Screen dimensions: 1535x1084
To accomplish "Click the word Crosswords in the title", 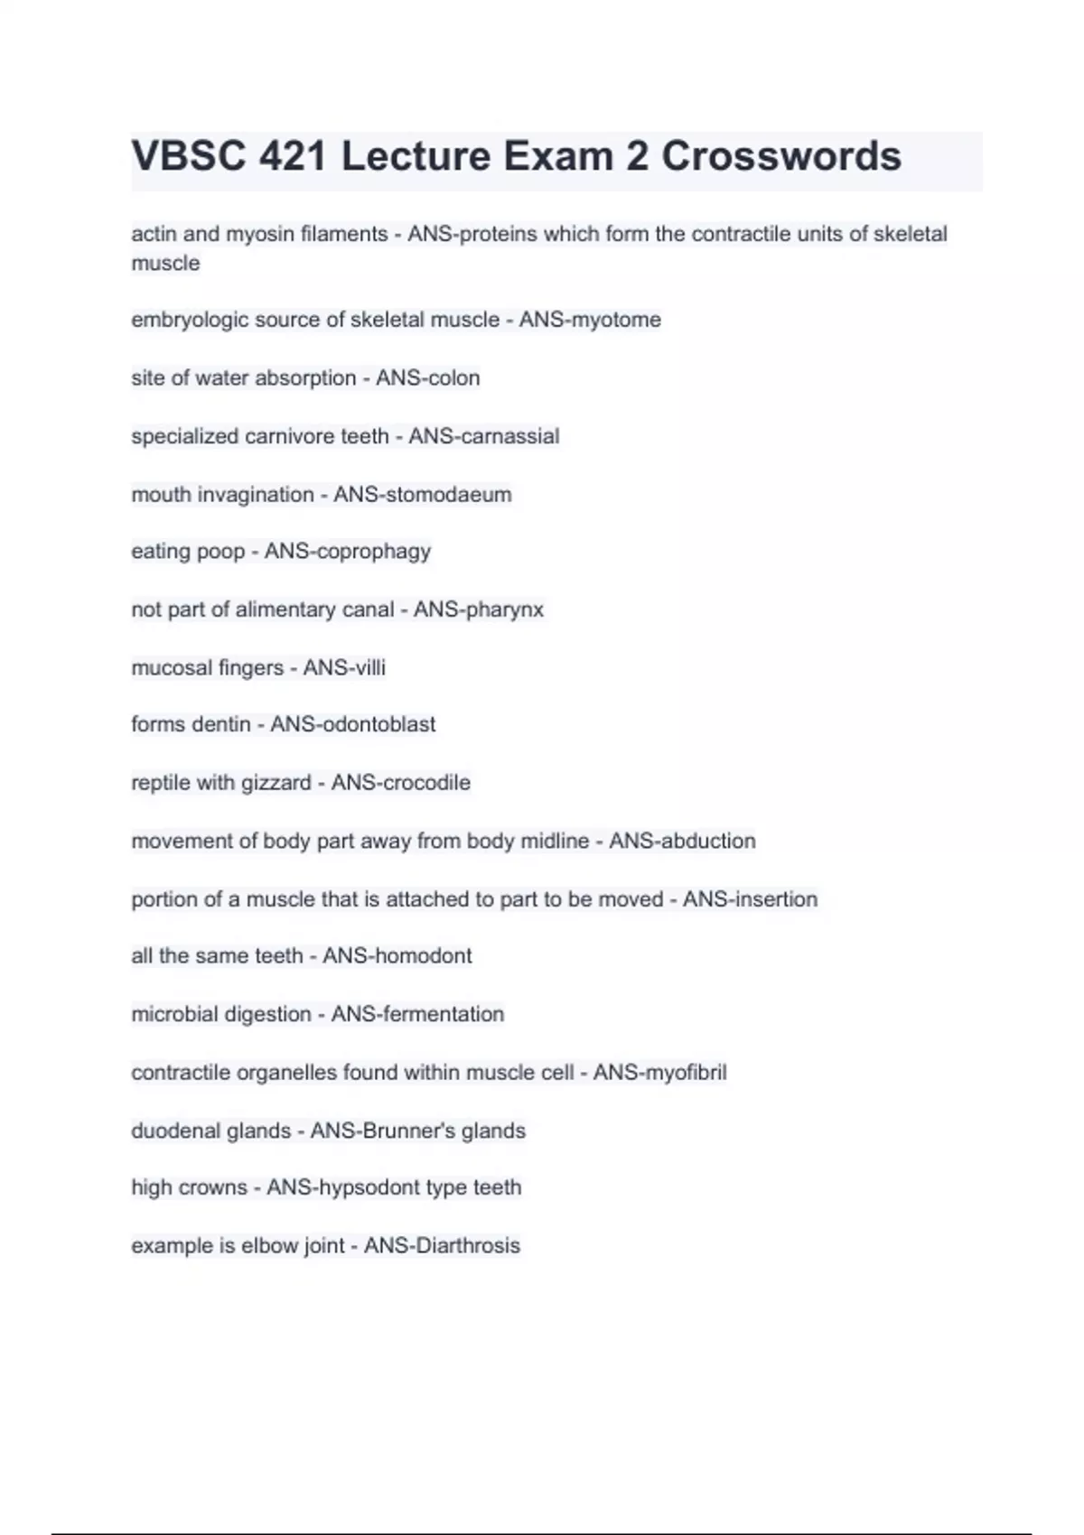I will pyautogui.click(x=781, y=156).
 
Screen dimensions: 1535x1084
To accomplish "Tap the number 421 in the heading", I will pyautogui.click(x=292, y=156).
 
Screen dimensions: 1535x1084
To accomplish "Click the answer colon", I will pyautogui.click(x=453, y=377).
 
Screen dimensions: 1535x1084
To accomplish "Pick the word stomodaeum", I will pyautogui.click(x=448, y=495).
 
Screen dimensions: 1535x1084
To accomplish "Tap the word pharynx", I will pyautogui.click(x=505, y=609).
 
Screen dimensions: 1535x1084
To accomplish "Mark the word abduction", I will pyautogui.click(x=708, y=841).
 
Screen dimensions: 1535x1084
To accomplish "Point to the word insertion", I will pyautogui.click(x=775, y=899).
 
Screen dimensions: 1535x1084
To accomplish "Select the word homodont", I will pyautogui.click(x=423, y=955).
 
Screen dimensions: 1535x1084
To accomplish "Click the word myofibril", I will pyautogui.click(x=685, y=1073).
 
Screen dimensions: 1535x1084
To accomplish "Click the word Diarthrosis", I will pyautogui.click(x=468, y=1246).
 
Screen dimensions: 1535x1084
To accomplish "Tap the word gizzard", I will pyautogui.click(x=276, y=782).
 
